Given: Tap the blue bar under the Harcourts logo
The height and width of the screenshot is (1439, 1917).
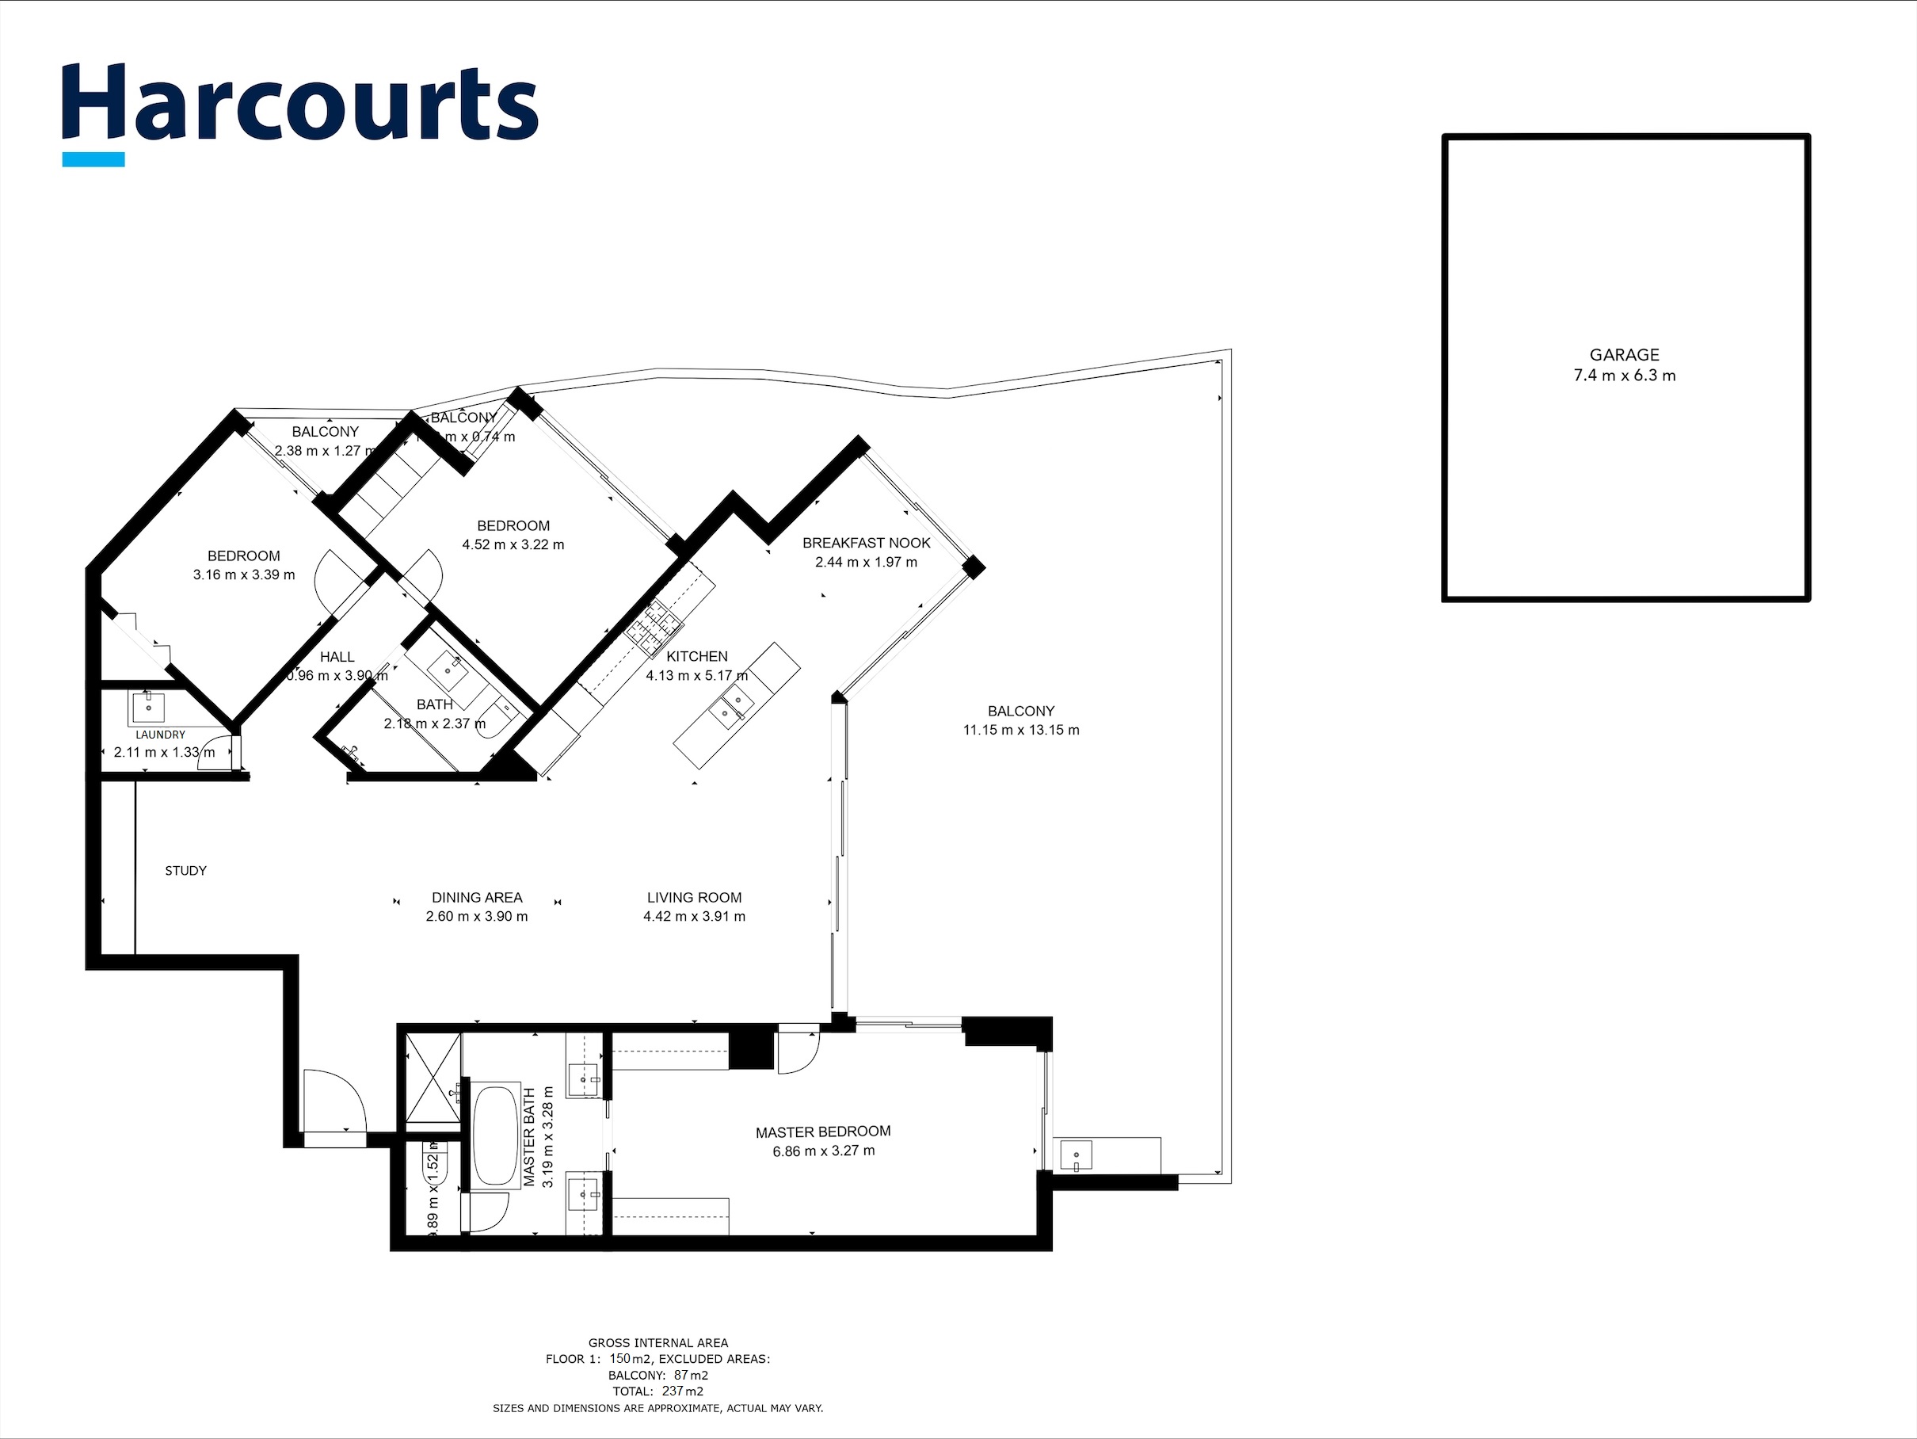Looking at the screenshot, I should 93,159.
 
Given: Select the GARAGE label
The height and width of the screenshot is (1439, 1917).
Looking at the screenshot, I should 1624,354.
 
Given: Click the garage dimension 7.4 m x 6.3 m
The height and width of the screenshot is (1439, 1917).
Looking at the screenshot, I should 1624,376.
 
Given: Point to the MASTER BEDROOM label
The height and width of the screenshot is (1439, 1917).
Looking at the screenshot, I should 822,1132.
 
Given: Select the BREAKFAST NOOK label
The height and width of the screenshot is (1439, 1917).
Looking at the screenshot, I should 866,543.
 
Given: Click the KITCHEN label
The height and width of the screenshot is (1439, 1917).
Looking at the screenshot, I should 697,656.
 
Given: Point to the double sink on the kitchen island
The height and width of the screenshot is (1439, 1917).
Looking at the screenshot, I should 729,704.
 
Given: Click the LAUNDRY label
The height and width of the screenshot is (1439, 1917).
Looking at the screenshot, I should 160,735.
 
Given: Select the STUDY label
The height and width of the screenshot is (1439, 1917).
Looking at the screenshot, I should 185,870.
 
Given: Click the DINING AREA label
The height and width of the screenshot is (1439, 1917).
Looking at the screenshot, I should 477,897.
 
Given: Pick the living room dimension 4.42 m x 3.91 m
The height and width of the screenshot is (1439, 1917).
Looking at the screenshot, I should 693,916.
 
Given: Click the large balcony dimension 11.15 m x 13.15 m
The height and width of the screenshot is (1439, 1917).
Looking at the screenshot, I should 1021,730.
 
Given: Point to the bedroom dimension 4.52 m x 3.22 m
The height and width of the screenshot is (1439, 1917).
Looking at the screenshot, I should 513,544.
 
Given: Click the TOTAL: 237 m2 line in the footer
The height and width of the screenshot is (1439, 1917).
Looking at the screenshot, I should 657,1391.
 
